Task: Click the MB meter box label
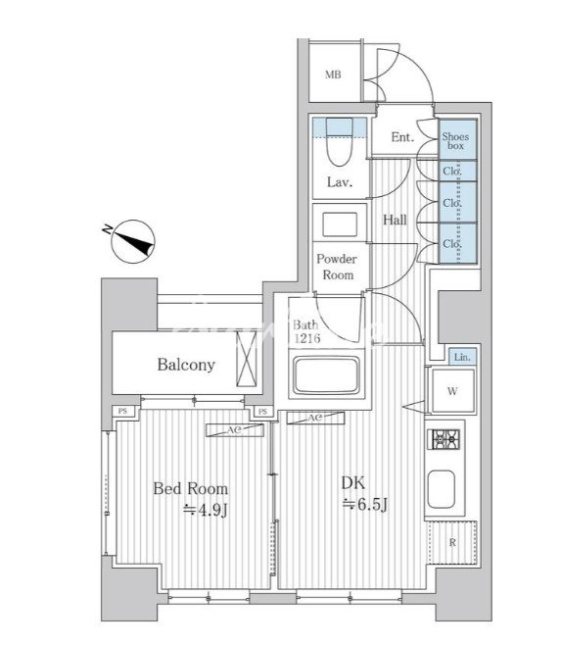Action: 333,74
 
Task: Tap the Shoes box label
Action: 456,141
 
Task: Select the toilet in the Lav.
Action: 340,142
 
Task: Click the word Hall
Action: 395,221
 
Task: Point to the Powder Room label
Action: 337,267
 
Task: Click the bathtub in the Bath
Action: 327,375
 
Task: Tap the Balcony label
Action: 186,365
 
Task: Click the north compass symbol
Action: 132,241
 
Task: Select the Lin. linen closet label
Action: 462,357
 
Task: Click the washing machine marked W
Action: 452,391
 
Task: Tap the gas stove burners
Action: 444,439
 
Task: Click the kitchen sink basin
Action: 442,489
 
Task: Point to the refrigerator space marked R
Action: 452,543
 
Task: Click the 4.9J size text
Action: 206,510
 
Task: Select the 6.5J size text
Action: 365,504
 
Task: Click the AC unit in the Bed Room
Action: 235,430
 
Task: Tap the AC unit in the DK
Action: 315,418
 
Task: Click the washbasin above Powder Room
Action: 340,224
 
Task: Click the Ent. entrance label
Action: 402,137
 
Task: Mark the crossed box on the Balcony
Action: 246,359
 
